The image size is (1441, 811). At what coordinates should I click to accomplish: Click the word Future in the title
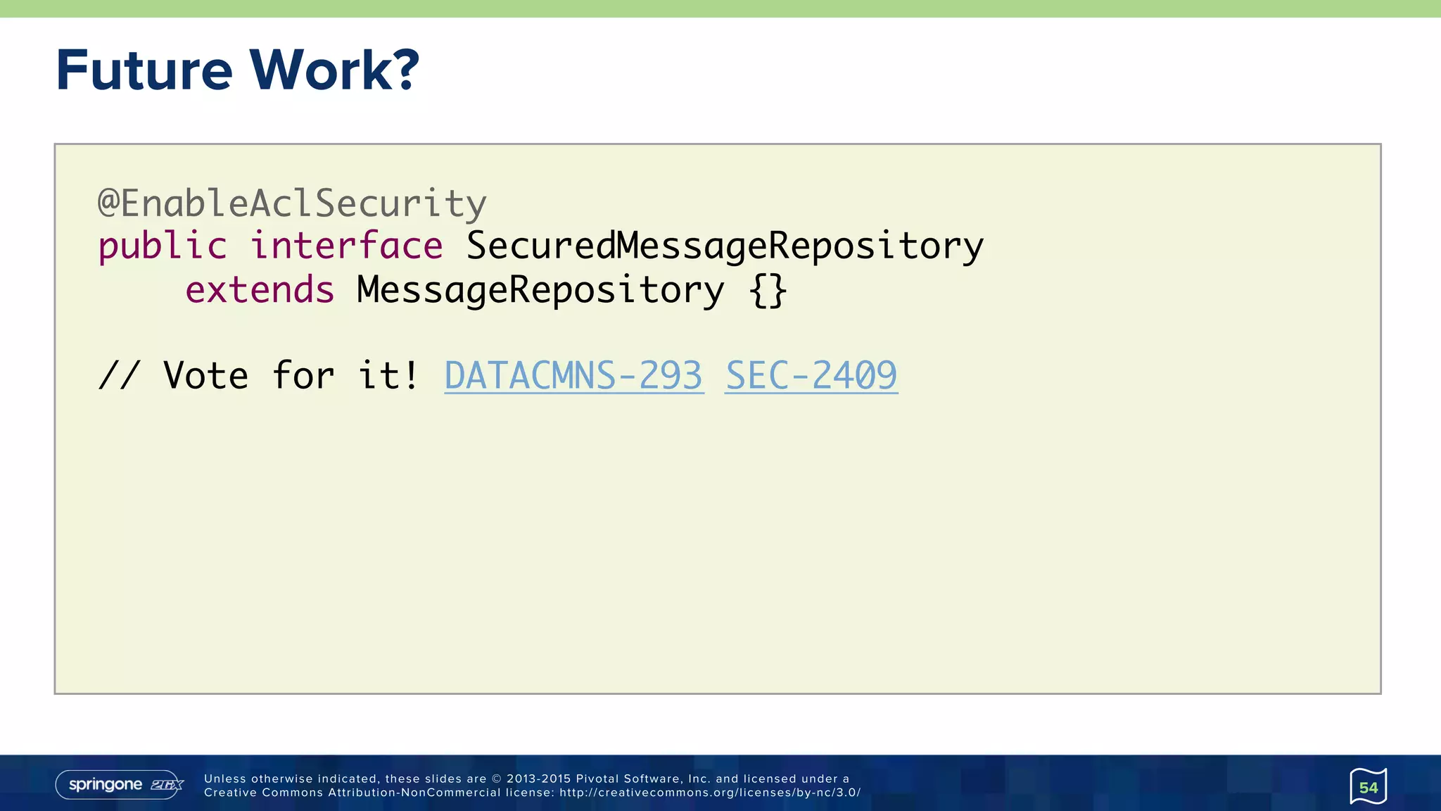tap(144, 70)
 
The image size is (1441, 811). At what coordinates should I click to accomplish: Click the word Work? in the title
tap(334, 70)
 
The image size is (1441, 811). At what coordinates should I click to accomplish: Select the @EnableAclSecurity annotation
tap(292, 204)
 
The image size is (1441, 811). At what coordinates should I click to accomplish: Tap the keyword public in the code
tap(163, 246)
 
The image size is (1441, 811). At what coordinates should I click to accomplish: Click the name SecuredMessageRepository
tap(725, 246)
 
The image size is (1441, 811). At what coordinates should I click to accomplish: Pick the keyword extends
tap(260, 290)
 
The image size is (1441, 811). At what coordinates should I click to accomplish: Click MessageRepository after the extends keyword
tap(540, 290)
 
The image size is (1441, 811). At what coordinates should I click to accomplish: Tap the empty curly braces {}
tap(768, 290)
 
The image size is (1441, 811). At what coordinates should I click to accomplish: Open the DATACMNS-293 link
tap(573, 375)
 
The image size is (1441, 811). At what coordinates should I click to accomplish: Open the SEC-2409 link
tap(811, 375)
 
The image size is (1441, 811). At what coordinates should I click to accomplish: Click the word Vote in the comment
tap(205, 375)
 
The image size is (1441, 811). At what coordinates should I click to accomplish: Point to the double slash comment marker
tap(119, 375)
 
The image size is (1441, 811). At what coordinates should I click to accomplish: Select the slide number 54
tap(1368, 787)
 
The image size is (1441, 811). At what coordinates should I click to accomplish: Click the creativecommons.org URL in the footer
tap(710, 793)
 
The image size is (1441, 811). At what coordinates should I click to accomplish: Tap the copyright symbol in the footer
tap(496, 779)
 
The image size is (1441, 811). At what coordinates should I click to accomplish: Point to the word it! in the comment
tap(388, 375)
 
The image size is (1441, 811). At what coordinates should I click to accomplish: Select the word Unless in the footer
tap(225, 779)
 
